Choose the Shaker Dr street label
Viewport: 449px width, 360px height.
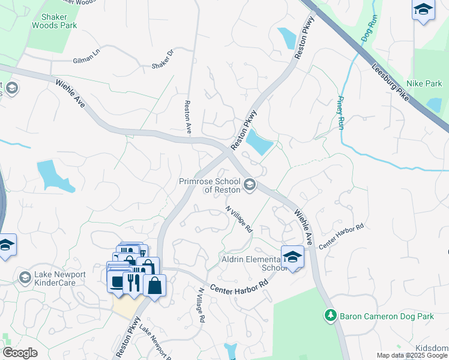click(163, 58)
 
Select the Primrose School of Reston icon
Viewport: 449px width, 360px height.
click(250, 185)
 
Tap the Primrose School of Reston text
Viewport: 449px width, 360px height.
click(211, 185)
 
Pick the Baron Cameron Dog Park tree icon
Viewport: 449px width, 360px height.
click(329, 314)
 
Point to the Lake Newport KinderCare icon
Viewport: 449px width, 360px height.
click(25, 277)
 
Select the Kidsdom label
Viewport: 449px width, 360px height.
click(432, 349)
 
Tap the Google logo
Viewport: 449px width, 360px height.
click(20, 353)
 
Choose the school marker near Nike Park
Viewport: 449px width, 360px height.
click(423, 10)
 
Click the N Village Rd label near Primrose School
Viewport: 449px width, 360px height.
click(239, 220)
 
